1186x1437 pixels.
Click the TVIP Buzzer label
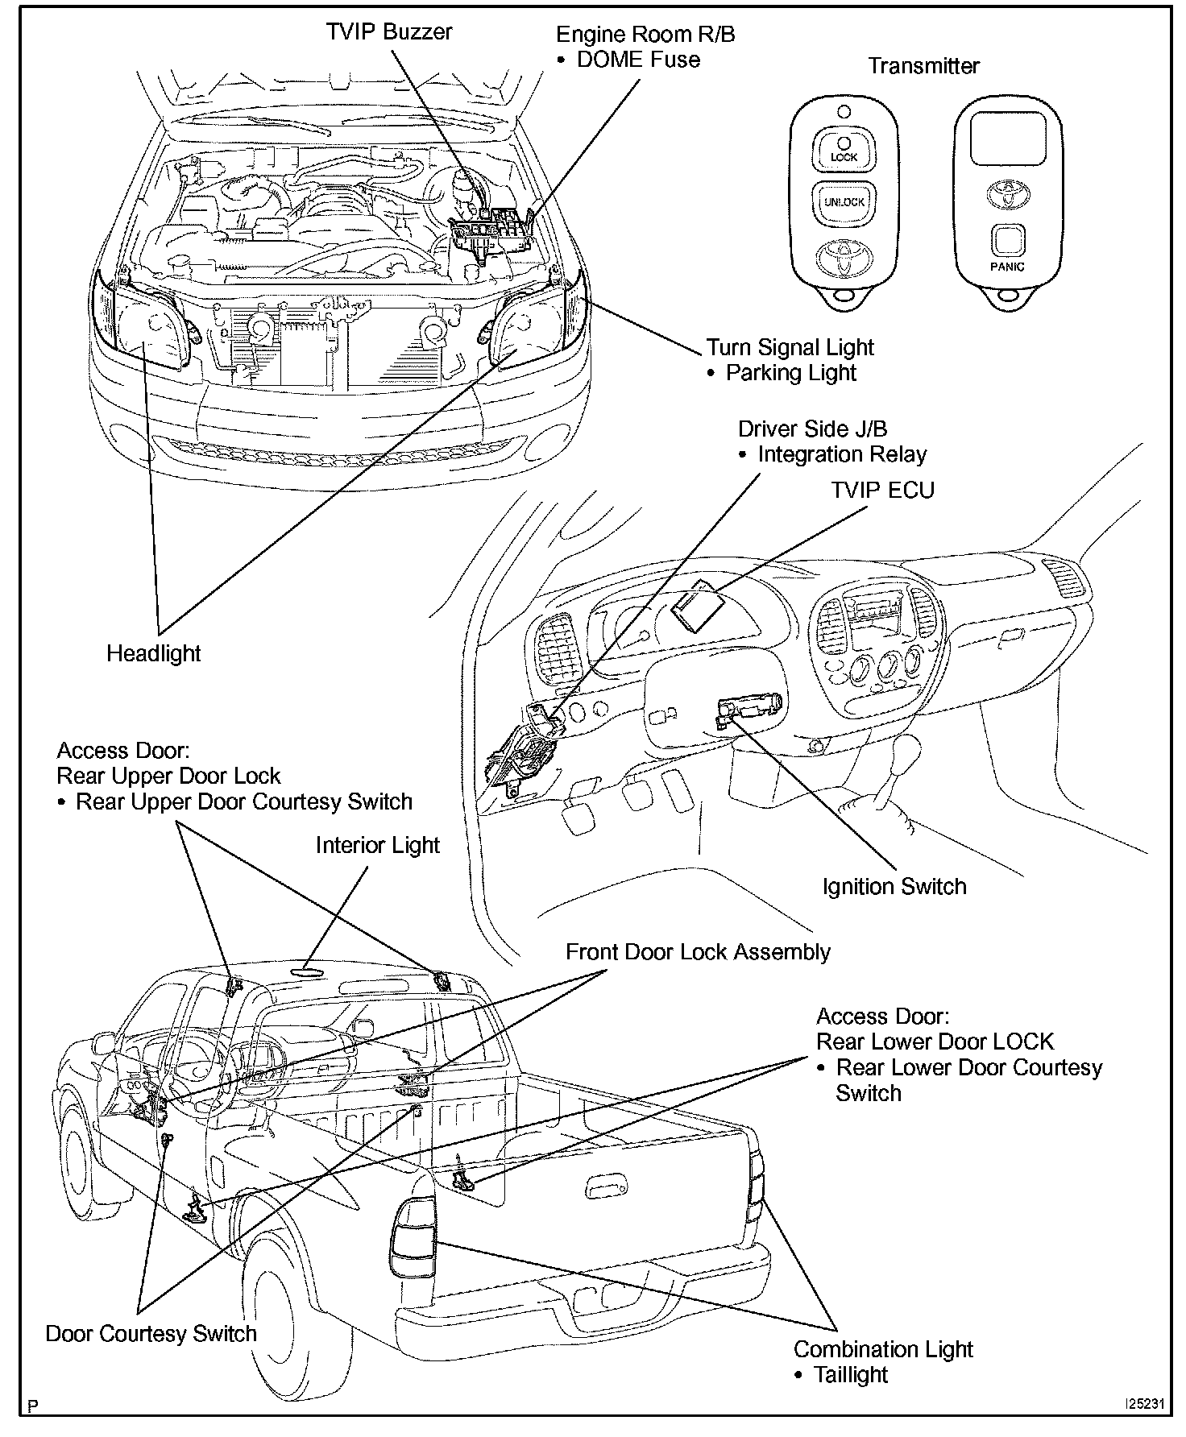click(x=388, y=32)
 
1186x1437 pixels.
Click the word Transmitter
click(x=923, y=66)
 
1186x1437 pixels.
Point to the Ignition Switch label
click(x=894, y=887)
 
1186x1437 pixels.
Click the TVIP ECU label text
click(x=882, y=490)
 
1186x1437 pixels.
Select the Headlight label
click(x=153, y=653)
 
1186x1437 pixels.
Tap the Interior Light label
click(x=377, y=845)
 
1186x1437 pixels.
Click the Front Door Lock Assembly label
click(x=697, y=952)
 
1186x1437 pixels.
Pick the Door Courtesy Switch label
click(x=151, y=1334)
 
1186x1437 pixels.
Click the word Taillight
click(x=850, y=1375)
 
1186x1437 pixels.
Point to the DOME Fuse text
click(x=638, y=60)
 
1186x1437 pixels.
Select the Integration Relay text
click(x=842, y=454)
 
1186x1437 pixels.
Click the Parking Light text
click(x=790, y=373)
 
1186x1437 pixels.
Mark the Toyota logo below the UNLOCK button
click(x=844, y=257)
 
